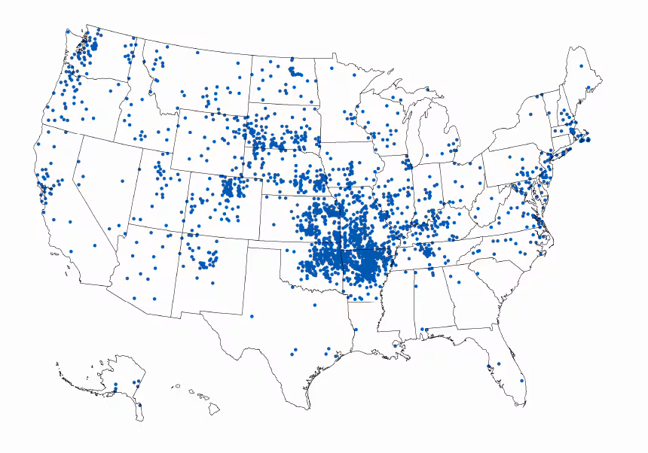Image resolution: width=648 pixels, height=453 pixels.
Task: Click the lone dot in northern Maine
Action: (581, 66)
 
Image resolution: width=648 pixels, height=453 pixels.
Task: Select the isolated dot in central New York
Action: (530, 114)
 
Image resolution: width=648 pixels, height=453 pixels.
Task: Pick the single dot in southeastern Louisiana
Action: (396, 346)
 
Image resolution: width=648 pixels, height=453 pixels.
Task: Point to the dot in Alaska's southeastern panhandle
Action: (139, 406)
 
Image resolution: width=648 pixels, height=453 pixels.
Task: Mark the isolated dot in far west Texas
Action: (252, 316)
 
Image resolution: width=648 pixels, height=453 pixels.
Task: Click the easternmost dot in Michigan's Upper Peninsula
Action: (427, 90)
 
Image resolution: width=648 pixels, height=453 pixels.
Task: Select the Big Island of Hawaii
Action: (214, 409)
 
